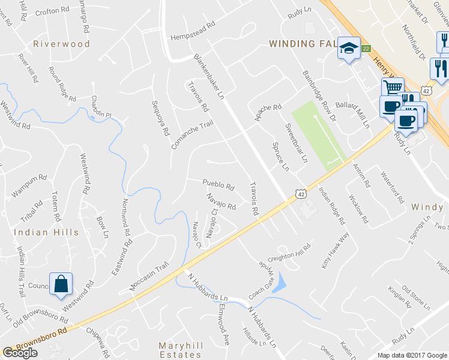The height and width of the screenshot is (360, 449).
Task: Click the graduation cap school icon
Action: [x=348, y=47]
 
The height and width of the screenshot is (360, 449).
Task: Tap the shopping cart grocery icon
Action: [x=392, y=88]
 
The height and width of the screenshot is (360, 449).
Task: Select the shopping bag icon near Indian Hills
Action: [x=61, y=284]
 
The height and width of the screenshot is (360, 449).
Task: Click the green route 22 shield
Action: [x=366, y=49]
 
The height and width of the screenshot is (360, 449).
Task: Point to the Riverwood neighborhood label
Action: [x=61, y=44]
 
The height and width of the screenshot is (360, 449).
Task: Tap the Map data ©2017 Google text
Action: [x=412, y=355]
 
